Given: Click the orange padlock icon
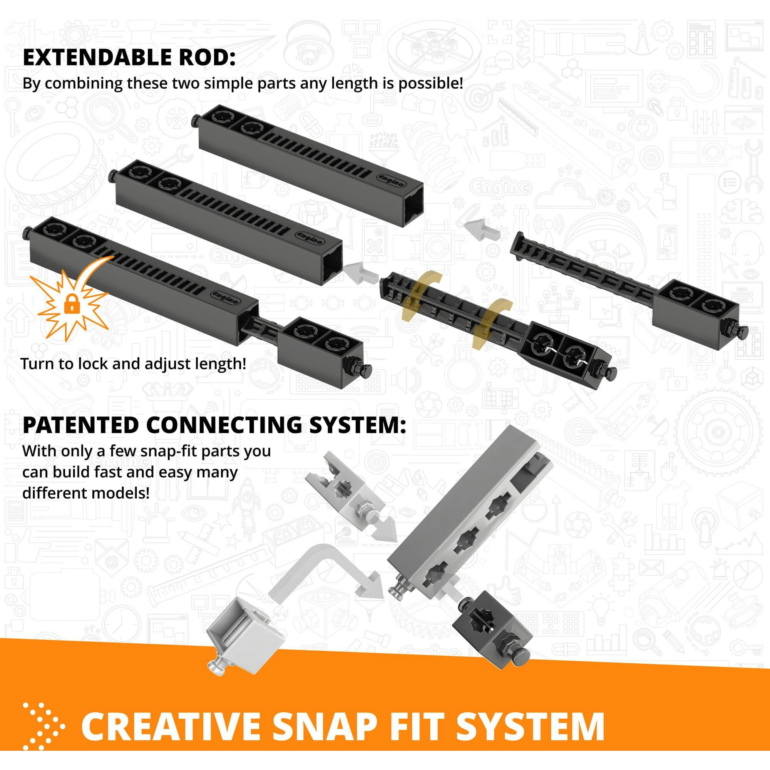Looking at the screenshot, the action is [71, 305].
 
